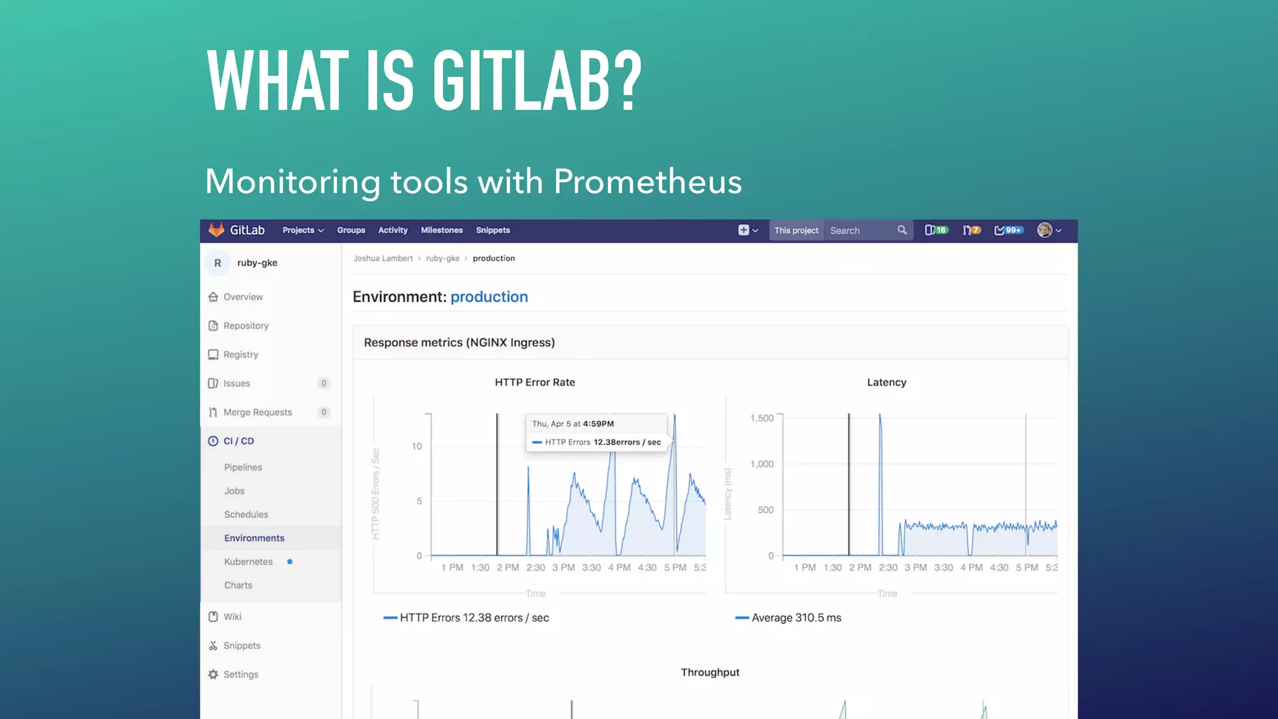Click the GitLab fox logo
tap(216, 230)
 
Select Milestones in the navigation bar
tap(442, 230)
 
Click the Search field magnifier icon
tap(902, 230)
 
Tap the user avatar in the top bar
tap(1045, 230)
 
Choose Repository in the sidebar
tap(246, 326)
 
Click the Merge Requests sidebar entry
tap(257, 412)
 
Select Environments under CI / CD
tap(254, 538)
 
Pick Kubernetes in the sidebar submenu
tap(248, 562)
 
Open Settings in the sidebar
tap(240, 674)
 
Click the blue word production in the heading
tap(489, 297)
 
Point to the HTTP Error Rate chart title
tap(535, 382)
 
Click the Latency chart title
tap(886, 382)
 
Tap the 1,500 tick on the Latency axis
tap(761, 418)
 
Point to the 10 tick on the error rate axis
tap(417, 446)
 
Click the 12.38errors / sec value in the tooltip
tap(627, 442)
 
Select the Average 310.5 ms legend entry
tap(796, 618)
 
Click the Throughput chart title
tap(710, 672)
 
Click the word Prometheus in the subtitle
tap(648, 182)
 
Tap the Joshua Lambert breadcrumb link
tap(383, 258)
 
